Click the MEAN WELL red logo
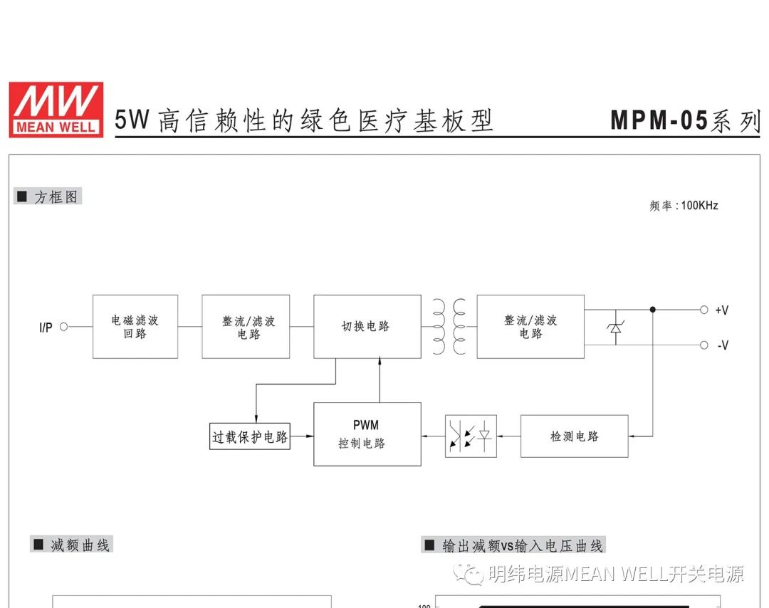[56, 109]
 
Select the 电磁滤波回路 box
[135, 327]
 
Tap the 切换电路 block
[367, 327]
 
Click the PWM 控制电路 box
[367, 434]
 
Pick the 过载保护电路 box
[250, 436]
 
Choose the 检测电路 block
[574, 436]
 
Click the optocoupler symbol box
[471, 436]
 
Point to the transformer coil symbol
[449, 327]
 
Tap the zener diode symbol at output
[616, 327]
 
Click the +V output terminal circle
[703, 310]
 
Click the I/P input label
[46, 327]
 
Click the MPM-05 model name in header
[659, 120]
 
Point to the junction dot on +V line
[652, 310]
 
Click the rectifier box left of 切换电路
[246, 327]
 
